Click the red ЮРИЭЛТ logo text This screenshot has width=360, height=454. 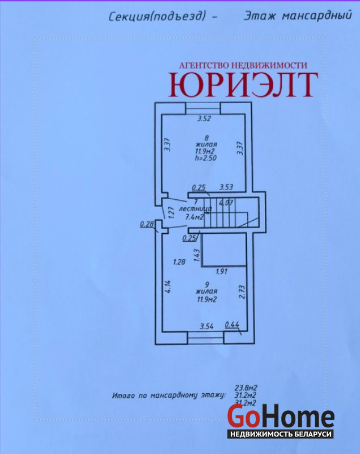[x=243, y=84]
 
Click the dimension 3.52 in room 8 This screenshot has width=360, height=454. [x=204, y=119]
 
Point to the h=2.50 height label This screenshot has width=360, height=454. [x=206, y=158]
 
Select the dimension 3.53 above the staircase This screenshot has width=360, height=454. [x=226, y=187]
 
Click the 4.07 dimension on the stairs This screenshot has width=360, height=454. [x=226, y=203]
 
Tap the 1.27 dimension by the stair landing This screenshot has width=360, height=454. [x=171, y=212]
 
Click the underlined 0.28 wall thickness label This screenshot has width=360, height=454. [x=147, y=224]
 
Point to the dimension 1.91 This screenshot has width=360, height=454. [x=222, y=272]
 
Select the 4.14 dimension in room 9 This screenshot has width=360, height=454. [x=168, y=287]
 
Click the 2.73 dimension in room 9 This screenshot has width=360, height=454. [x=242, y=292]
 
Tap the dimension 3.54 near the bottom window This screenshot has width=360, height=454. [x=207, y=327]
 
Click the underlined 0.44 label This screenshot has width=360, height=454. [x=232, y=325]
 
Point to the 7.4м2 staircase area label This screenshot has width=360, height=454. [x=194, y=217]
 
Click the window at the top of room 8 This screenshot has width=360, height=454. [x=203, y=108]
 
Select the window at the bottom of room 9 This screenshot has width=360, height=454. [x=206, y=338]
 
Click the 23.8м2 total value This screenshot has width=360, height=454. [x=246, y=388]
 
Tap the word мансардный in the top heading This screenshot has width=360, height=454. [x=317, y=15]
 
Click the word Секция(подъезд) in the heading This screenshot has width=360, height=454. [x=157, y=17]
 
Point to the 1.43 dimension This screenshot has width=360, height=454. [x=197, y=256]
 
